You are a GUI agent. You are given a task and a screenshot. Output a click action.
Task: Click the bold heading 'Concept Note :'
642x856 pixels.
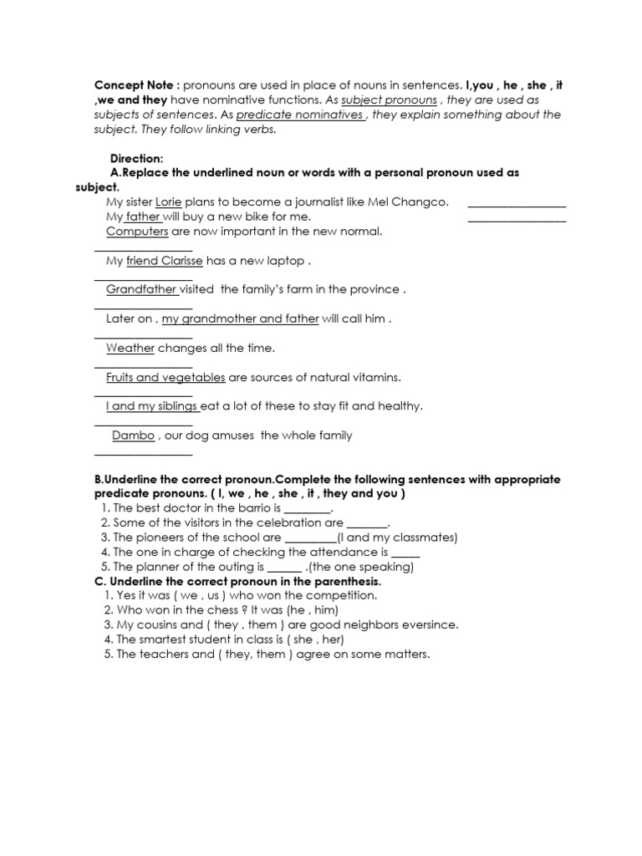[x=136, y=85]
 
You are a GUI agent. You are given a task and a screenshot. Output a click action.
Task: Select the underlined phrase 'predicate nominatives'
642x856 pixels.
[x=300, y=115]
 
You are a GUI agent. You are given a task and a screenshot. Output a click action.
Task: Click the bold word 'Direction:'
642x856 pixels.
[x=137, y=158]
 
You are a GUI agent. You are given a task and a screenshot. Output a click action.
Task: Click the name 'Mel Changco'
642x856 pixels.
[x=415, y=202]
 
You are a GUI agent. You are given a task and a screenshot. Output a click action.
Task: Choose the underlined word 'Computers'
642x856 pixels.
[x=137, y=231]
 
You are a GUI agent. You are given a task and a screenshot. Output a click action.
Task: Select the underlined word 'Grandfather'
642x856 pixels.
[x=142, y=289]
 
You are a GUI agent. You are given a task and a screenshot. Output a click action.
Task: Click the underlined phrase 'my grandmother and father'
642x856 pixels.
[x=240, y=318]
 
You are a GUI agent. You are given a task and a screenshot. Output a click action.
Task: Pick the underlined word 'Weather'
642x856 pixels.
[x=130, y=348]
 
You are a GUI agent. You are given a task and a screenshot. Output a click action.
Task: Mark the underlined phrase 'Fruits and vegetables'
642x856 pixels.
[x=166, y=377]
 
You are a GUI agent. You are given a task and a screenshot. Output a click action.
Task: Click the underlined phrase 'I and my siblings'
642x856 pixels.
[x=152, y=406]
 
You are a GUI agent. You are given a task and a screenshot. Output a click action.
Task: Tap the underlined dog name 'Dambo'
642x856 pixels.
[x=134, y=436]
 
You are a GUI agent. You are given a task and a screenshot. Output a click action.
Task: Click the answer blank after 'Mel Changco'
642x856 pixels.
[x=517, y=206]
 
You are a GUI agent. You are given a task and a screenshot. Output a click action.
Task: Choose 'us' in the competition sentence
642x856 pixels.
[x=221, y=595]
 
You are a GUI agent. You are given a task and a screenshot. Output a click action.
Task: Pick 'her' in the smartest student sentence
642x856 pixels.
[x=328, y=639]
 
